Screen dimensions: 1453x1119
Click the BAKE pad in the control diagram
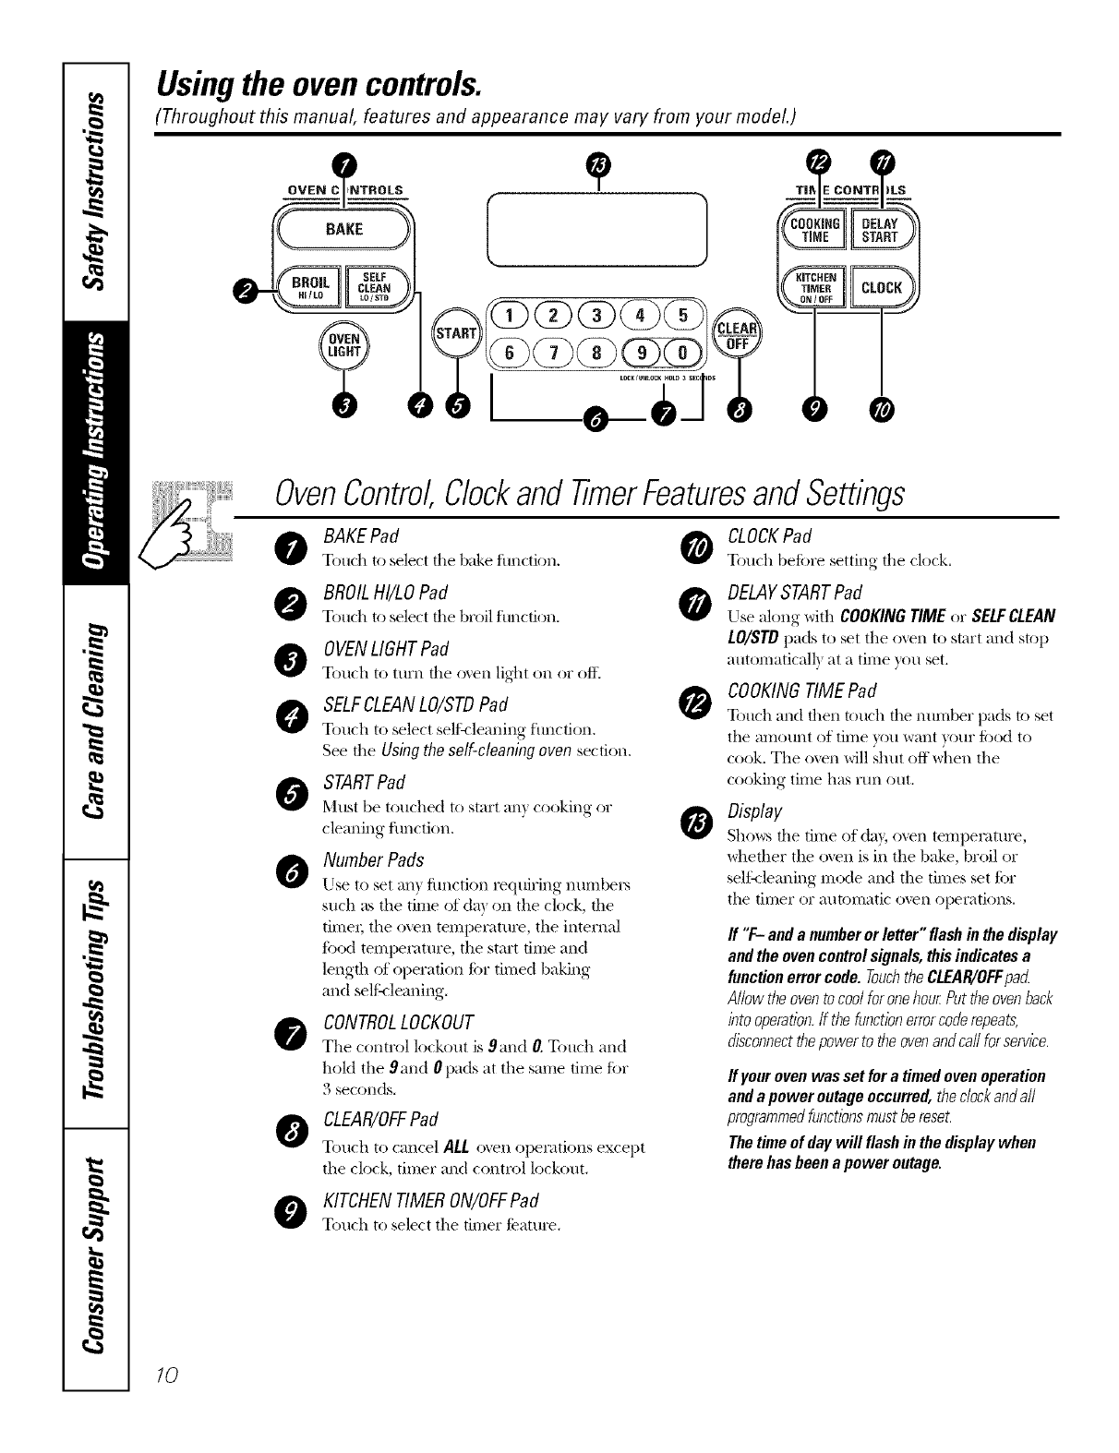pos(343,230)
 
